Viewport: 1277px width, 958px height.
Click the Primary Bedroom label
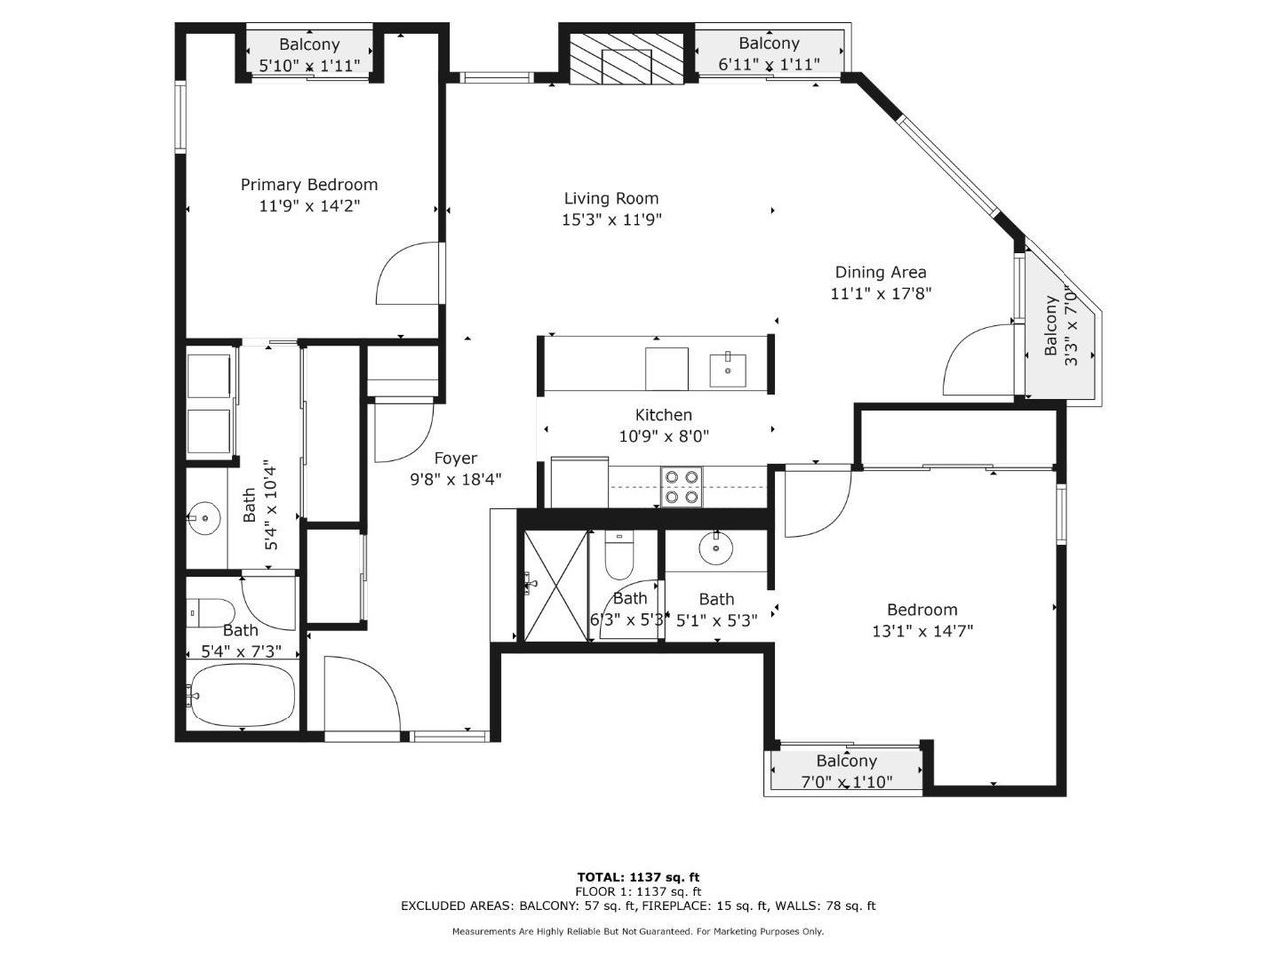[x=309, y=185]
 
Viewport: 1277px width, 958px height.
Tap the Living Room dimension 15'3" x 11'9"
[x=612, y=220]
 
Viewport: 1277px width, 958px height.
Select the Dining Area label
[x=880, y=272]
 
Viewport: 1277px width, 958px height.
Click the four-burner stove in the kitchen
[x=681, y=487]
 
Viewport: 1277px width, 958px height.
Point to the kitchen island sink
[x=728, y=369]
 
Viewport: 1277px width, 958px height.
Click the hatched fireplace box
[x=626, y=58]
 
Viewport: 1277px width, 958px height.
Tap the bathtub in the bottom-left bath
[x=242, y=696]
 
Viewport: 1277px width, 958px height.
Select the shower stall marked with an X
[x=556, y=586]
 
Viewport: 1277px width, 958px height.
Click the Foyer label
[x=456, y=458]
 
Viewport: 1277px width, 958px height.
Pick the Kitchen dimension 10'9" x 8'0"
[x=663, y=436]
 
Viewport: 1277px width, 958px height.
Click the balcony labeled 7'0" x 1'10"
[x=846, y=771]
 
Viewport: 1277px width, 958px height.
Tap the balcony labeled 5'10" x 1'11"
[x=309, y=54]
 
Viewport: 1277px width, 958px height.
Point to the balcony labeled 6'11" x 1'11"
[x=769, y=53]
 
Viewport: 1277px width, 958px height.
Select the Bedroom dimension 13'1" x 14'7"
[x=922, y=631]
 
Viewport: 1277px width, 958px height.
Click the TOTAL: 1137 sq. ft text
[x=638, y=877]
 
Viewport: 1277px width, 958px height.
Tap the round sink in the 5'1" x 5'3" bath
[x=716, y=547]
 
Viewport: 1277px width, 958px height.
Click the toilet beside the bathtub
[x=211, y=613]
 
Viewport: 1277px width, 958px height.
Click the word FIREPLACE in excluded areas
[x=735, y=906]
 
